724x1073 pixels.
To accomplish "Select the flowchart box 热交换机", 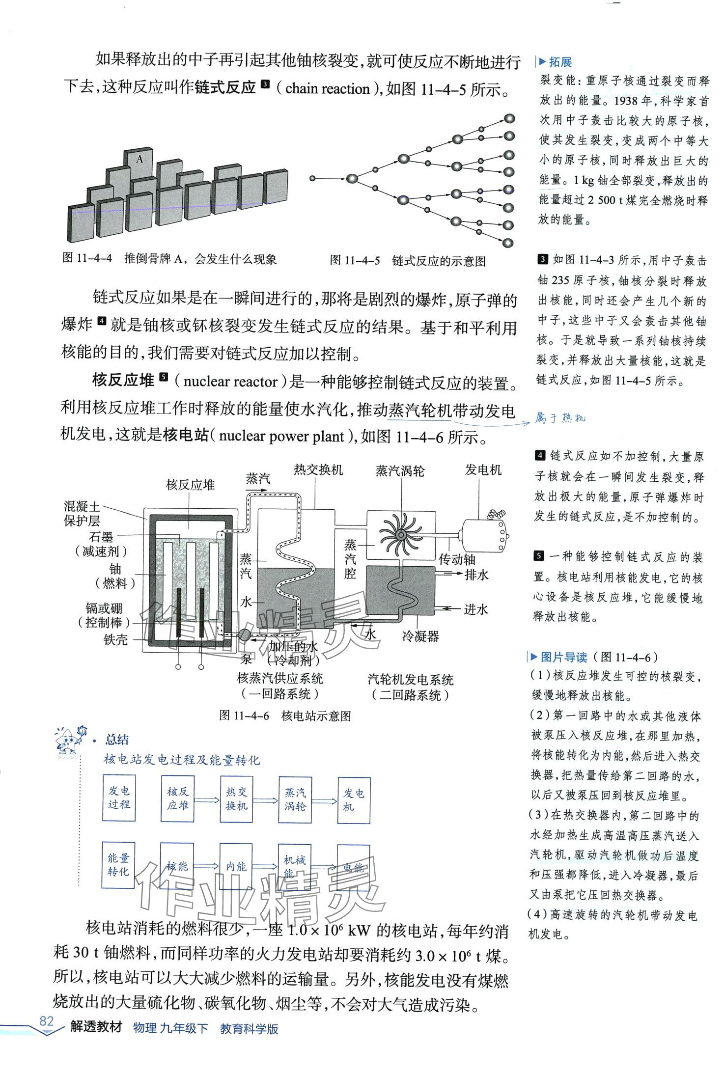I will [x=236, y=799].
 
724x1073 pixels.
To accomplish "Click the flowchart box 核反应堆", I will [x=178, y=799].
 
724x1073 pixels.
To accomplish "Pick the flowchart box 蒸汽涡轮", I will [x=295, y=799].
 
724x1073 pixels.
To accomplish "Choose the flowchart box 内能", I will [x=236, y=866].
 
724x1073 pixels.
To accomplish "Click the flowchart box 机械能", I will [x=295, y=866].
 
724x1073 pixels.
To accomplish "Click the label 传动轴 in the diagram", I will [x=457, y=559].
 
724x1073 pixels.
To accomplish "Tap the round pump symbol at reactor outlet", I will [x=244, y=634].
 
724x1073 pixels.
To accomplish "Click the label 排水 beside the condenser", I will [x=476, y=575].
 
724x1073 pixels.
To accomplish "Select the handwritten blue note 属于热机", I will [x=560, y=418].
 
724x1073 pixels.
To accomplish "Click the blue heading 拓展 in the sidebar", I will [x=560, y=62].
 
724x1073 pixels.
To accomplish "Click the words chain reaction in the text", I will [x=327, y=89].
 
